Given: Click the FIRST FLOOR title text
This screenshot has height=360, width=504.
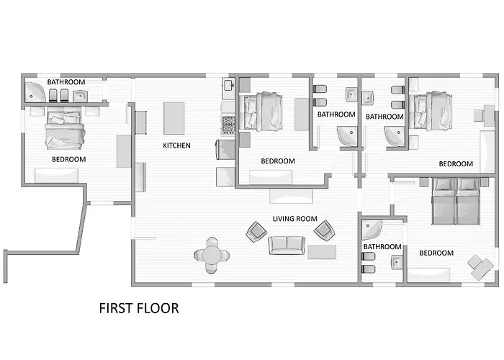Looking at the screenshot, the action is point(139,308).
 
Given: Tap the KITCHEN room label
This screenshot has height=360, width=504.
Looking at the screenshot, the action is point(176,145).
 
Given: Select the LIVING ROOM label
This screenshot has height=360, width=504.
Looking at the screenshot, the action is point(294,219).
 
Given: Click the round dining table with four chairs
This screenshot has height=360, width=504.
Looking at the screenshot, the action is point(212,255).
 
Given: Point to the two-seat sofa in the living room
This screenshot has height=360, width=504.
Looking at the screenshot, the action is point(287,246).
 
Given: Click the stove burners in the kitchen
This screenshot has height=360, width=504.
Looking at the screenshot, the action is point(228,125).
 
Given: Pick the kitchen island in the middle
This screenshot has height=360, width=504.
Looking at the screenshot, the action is point(174,118).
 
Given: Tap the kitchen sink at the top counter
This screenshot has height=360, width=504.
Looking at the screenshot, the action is point(229,86).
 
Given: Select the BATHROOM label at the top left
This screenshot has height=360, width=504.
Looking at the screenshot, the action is point(66,82).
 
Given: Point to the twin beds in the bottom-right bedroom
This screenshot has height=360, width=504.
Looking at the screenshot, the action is point(456,201).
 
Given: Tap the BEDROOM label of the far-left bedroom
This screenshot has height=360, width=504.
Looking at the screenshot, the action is point(69,159).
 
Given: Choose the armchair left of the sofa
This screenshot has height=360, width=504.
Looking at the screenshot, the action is point(256,231).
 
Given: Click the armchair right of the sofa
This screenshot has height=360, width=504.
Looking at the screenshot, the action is point(324,230).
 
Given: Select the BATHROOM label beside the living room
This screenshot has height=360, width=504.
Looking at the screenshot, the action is point(382,246).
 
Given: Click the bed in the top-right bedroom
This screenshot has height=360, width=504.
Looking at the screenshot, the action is point(432,111).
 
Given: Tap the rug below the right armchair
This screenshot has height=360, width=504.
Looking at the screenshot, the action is point(322,252).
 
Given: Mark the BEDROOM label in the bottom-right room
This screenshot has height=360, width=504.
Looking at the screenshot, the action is point(436,253).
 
